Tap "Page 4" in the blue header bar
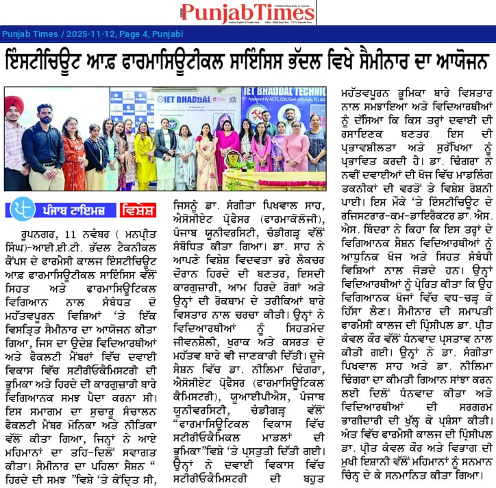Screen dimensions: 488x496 (x=128, y=33)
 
